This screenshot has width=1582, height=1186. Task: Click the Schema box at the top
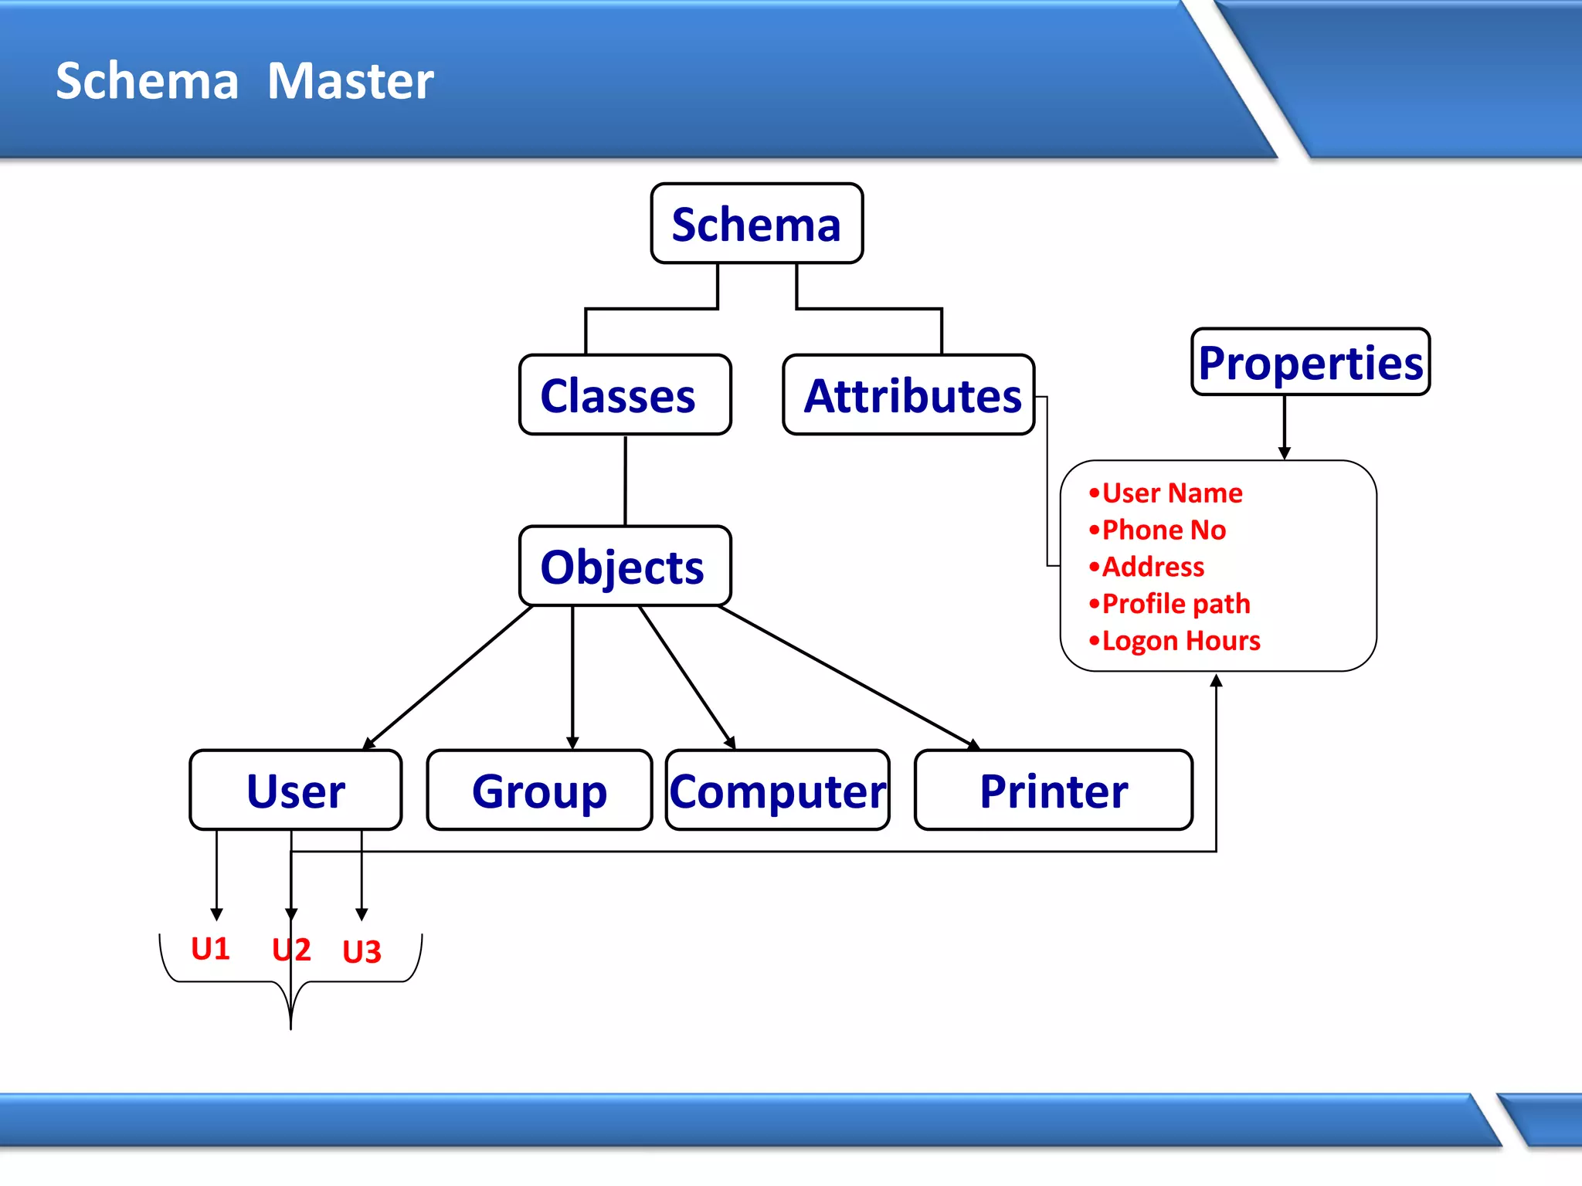[756, 224]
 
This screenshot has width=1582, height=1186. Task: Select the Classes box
[625, 395]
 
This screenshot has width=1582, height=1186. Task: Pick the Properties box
[1310, 362]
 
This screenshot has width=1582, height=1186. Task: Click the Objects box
[625, 566]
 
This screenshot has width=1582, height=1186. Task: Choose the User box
[296, 790]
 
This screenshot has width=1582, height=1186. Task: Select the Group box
[539, 790]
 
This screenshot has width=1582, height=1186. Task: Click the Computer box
[777, 790]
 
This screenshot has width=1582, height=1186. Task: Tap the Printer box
[1053, 790]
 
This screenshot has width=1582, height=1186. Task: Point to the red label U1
[210, 948]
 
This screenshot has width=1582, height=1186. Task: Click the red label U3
[362, 951]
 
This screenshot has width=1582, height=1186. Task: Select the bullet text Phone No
[1163, 530]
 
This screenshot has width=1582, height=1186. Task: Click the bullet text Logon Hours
[1180, 640]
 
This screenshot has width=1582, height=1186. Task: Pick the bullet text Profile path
[1175, 603]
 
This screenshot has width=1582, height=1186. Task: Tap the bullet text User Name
[1171, 493]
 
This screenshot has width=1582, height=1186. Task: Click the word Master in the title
[350, 81]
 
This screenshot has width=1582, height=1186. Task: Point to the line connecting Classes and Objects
[625, 480]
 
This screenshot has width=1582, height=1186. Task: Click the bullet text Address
[1152, 567]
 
